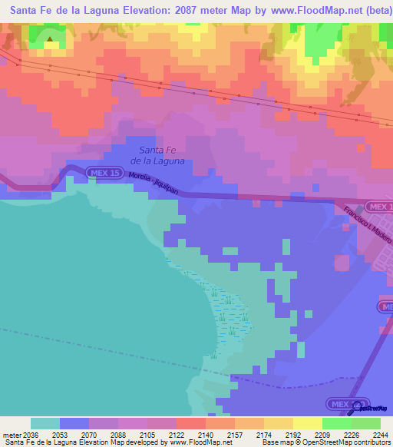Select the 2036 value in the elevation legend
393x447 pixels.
click(x=30, y=433)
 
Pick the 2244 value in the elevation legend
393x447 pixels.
click(x=380, y=433)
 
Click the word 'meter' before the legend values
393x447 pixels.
click(x=10, y=433)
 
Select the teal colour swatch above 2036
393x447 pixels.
click(x=45, y=423)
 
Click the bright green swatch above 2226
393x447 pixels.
click(x=336, y=423)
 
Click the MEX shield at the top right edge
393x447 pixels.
click(x=379, y=207)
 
